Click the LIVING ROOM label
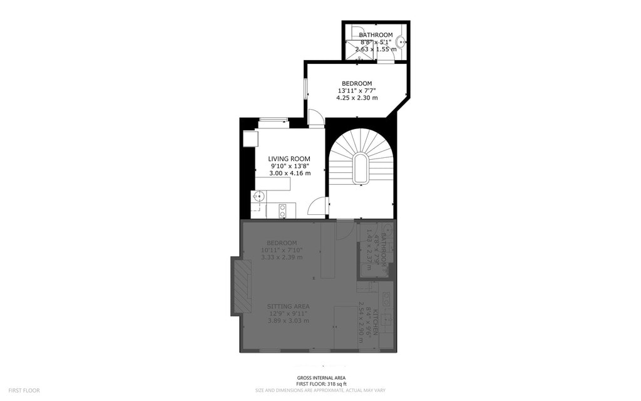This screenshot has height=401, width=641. (x=289, y=159)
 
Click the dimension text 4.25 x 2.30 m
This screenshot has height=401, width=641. (x=357, y=98)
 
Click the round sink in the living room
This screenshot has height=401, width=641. (x=257, y=197)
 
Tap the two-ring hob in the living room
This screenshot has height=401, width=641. (x=283, y=211)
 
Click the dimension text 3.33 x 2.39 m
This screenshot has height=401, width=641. (x=282, y=258)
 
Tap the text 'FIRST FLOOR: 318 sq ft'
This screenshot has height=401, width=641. (x=321, y=383)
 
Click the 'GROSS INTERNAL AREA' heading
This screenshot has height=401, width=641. (x=321, y=378)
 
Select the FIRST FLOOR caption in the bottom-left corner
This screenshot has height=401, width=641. (x=24, y=390)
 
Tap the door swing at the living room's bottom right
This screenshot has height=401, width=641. (x=319, y=207)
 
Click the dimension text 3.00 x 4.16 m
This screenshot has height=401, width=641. (x=289, y=174)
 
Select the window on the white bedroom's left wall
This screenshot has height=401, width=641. (x=305, y=88)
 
